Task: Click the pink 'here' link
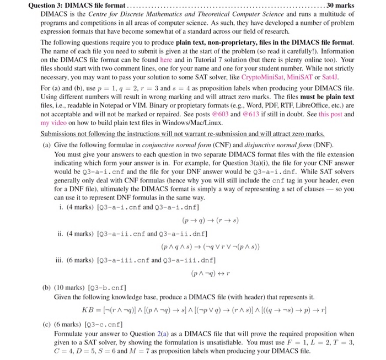point(165,60)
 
